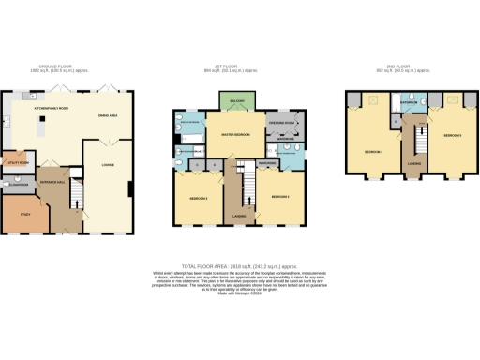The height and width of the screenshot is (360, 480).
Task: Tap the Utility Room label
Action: tap(16, 161)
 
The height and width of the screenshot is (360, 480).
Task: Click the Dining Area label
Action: tap(108, 115)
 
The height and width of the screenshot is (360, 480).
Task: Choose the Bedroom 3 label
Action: tap(197, 199)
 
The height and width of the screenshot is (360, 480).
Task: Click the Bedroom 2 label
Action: tap(279, 197)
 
